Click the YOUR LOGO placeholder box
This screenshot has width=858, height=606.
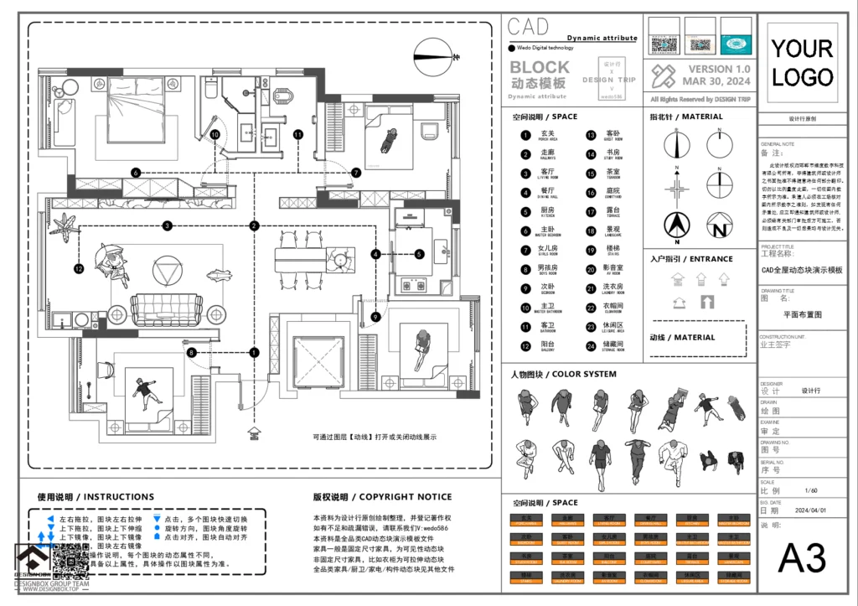(x=802, y=63)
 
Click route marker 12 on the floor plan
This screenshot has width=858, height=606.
(x=79, y=269)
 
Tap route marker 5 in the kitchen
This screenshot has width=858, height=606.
(x=419, y=253)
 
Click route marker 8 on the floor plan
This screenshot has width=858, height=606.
(x=192, y=354)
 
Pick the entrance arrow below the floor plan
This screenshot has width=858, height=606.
(x=253, y=433)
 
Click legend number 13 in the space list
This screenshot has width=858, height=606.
(x=590, y=134)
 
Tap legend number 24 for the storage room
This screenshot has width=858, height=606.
(x=590, y=344)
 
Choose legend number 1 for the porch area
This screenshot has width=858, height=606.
(x=525, y=134)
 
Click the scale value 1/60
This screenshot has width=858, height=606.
(x=810, y=490)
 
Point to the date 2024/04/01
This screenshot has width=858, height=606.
(x=810, y=510)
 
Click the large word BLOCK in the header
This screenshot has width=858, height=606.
(x=539, y=67)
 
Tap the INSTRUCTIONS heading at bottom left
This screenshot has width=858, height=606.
(x=95, y=497)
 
